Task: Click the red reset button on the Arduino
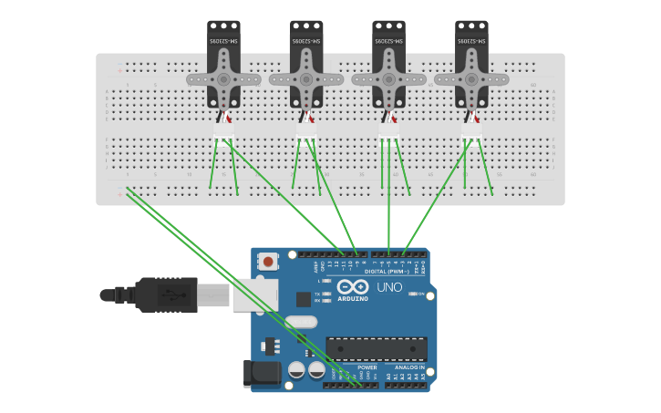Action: (x=268, y=262)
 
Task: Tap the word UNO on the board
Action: (x=389, y=287)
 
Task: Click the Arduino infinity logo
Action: (x=352, y=286)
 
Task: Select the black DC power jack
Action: (x=261, y=374)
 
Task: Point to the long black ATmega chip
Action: (x=377, y=349)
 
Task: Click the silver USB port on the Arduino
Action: (x=254, y=295)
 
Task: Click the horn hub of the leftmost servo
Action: (x=223, y=79)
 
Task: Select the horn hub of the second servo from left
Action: (x=306, y=79)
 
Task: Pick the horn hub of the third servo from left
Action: (x=388, y=79)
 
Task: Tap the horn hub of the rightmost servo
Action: (x=471, y=79)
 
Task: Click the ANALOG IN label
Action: (x=410, y=367)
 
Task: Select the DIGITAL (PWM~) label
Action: (x=388, y=271)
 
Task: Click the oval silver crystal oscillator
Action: (x=300, y=322)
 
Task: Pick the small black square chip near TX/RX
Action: (x=304, y=299)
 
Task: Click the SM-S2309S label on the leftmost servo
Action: (x=223, y=41)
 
